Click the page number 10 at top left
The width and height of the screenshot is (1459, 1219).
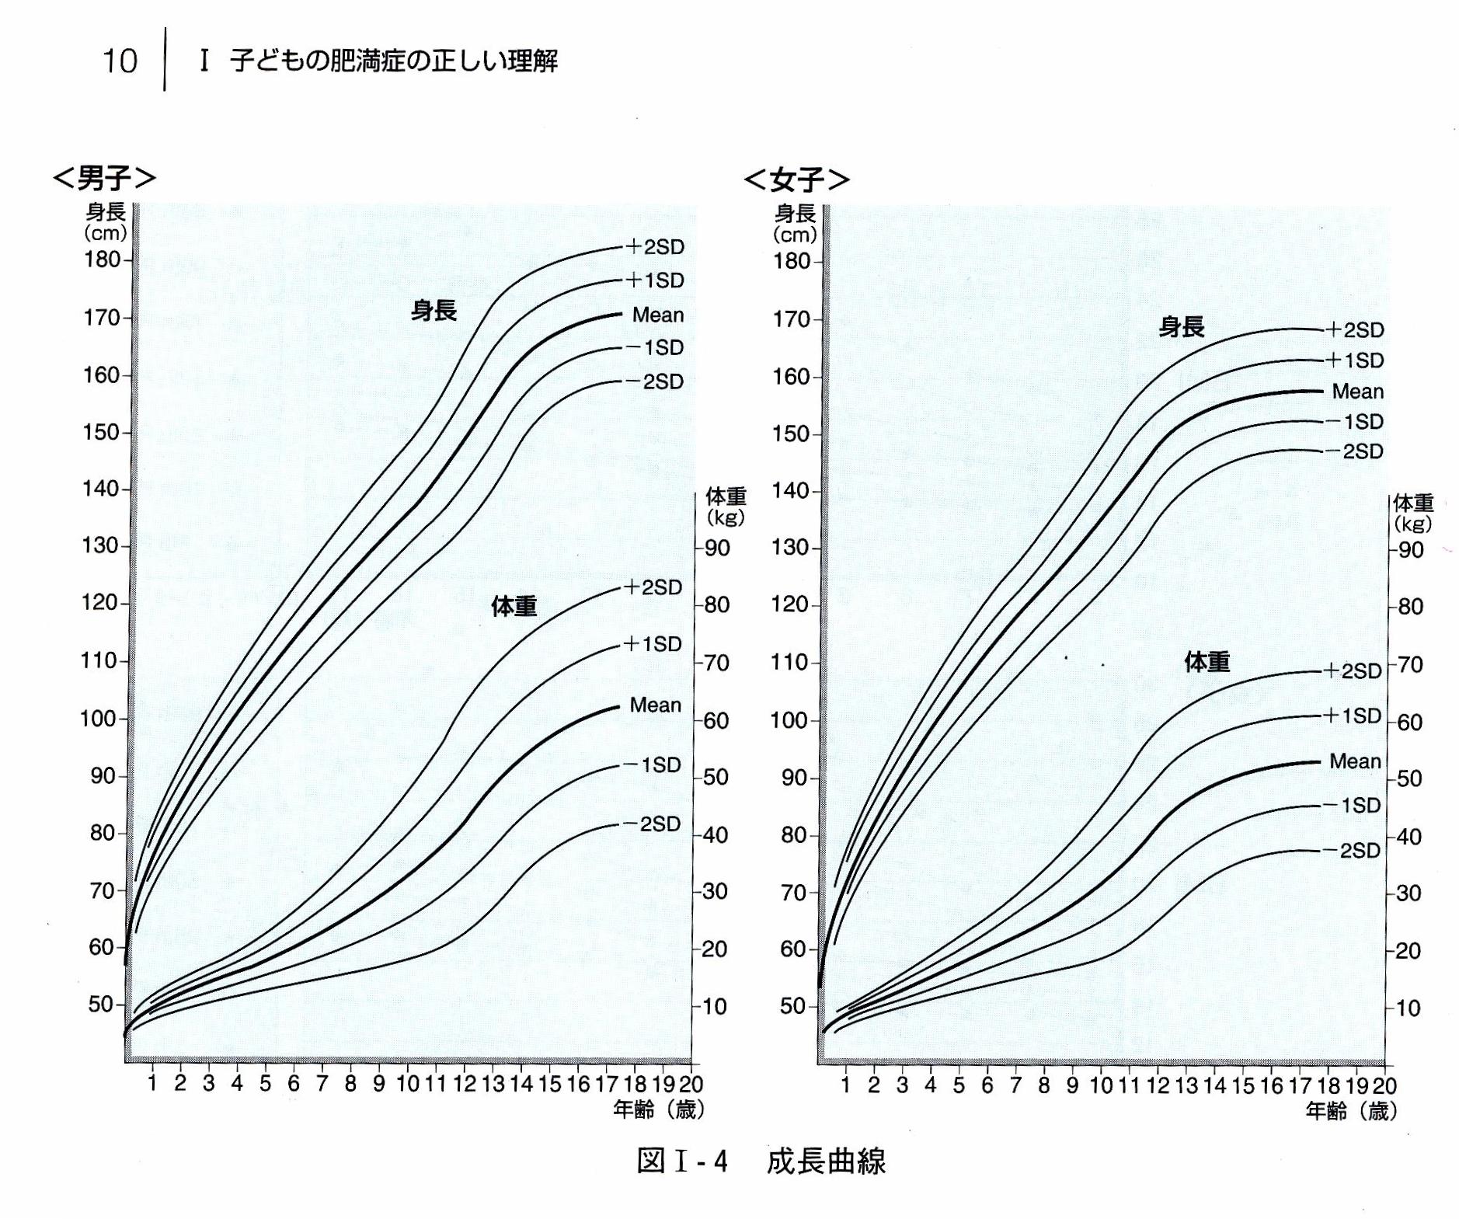pos(120,61)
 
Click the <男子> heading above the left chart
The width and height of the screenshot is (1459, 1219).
pos(104,178)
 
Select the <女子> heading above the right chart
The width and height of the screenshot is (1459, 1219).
pos(796,179)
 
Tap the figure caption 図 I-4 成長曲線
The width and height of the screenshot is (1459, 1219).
pos(760,1161)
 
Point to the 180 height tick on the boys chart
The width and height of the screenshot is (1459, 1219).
pos(102,259)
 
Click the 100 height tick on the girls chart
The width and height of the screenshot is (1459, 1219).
pos(790,720)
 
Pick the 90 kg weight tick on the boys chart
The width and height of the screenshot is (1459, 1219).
pos(716,548)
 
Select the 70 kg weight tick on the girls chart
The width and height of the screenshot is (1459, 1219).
pos(1409,664)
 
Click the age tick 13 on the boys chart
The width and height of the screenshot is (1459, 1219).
pos(493,1083)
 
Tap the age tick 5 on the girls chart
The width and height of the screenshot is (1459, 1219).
pos(959,1085)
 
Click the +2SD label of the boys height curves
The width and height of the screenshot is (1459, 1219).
pos(654,247)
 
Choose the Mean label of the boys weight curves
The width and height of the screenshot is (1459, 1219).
pos(655,705)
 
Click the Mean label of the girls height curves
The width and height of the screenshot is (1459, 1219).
pos(1357,391)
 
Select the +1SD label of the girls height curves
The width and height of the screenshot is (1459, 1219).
pos(1354,360)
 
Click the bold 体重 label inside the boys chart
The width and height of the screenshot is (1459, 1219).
pos(514,606)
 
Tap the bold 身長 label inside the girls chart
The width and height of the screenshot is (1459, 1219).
pos(1181,326)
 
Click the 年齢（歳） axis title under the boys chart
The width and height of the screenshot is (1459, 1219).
pos(658,1109)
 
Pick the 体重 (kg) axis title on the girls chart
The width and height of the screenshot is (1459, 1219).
pos(1412,512)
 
